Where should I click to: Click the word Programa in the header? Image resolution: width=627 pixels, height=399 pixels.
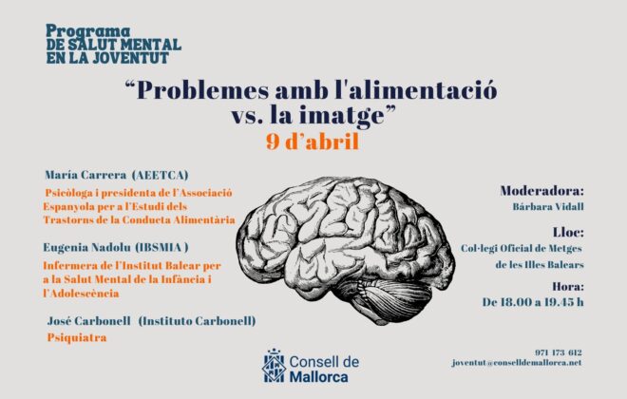pos(88,31)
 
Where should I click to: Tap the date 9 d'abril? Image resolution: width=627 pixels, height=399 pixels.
pos(313,142)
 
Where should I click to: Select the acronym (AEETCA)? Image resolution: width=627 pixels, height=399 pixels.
pos(160,175)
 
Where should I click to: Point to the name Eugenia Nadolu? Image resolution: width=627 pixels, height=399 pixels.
pos(86,248)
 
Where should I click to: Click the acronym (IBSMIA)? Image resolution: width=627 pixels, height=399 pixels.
pos(161,248)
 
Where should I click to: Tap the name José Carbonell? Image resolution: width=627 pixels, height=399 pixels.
pos(88,321)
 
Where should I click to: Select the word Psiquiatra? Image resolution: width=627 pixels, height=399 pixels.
pos(77,338)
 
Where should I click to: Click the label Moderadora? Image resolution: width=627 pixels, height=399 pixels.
pos(541,191)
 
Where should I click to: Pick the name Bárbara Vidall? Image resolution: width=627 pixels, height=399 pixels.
pos(548,207)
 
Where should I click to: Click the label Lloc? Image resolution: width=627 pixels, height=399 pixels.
pos(568,233)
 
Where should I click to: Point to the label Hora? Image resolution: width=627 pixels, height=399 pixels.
pos(568,287)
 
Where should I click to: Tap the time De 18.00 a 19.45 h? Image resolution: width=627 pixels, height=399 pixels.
pos(533,302)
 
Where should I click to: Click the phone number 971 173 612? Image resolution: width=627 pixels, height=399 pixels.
pos(559,352)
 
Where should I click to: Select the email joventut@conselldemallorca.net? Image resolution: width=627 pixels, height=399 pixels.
pos(517,363)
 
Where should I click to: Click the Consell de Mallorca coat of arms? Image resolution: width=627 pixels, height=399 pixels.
pos(274,366)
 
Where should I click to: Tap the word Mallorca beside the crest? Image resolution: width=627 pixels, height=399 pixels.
pos(318,376)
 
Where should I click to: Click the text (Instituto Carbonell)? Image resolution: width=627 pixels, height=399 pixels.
pos(197,321)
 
